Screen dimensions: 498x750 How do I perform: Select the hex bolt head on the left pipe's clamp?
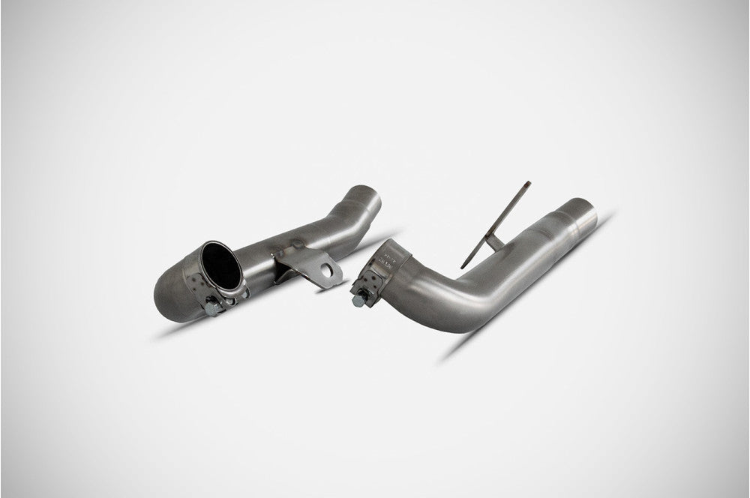tap(212, 307)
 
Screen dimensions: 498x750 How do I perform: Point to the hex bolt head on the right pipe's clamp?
tap(358, 298)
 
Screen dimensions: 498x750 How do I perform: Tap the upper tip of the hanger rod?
tap(526, 183)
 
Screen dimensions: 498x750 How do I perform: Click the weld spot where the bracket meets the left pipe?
tap(298, 244)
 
